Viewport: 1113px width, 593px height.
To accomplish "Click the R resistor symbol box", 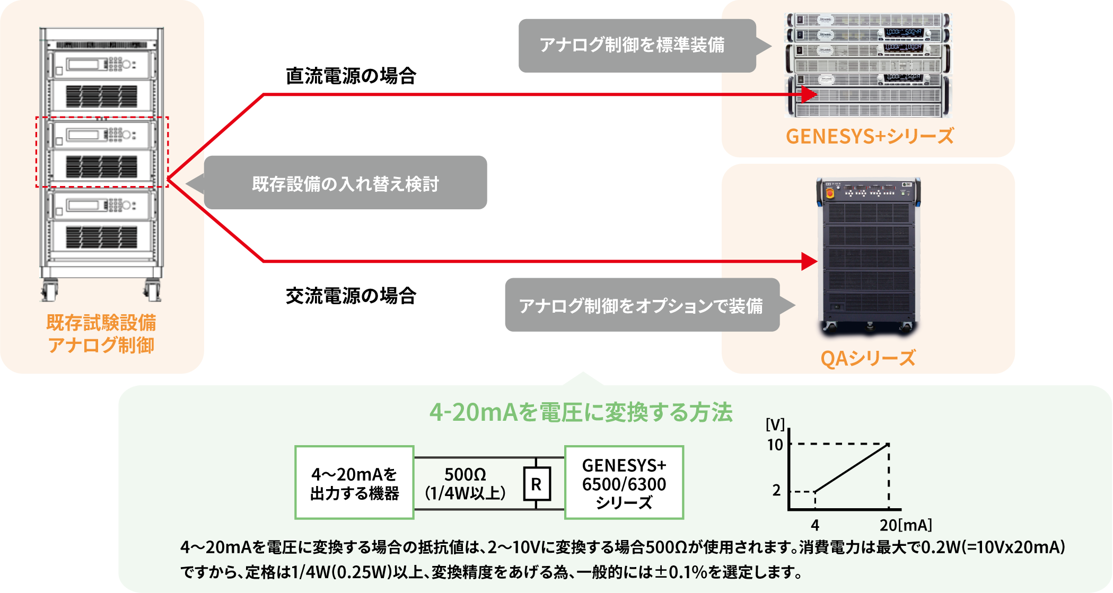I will point(537,484).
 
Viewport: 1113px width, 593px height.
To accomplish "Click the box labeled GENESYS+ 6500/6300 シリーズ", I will point(624,483).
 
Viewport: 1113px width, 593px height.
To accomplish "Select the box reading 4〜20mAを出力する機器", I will point(354,483).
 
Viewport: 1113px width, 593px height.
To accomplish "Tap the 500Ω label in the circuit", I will point(465,474).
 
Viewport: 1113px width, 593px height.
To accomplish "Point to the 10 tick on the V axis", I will point(775,445).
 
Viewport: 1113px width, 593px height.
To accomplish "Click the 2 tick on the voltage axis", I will point(776,491).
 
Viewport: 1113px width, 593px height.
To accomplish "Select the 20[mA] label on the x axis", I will point(905,525).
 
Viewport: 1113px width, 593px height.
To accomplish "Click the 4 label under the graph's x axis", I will point(814,525).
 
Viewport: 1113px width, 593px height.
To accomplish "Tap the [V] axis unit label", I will point(775,424).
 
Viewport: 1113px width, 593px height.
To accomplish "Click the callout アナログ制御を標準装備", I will point(632,46).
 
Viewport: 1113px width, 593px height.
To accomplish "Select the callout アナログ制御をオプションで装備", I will point(640,306).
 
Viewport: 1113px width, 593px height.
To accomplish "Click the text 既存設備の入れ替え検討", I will point(345,184).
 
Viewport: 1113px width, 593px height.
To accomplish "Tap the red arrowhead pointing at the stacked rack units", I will point(809,95).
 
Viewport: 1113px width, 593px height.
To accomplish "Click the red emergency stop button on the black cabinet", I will point(830,194).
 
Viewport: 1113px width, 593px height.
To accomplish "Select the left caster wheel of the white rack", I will point(50,291).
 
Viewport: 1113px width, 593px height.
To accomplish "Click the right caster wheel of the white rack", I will point(152,291).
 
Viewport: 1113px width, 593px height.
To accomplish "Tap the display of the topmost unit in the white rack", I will point(83,65).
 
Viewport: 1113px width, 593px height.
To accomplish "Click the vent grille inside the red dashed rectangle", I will point(101,166).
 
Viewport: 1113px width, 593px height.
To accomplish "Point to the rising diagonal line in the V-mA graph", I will point(852,468).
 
